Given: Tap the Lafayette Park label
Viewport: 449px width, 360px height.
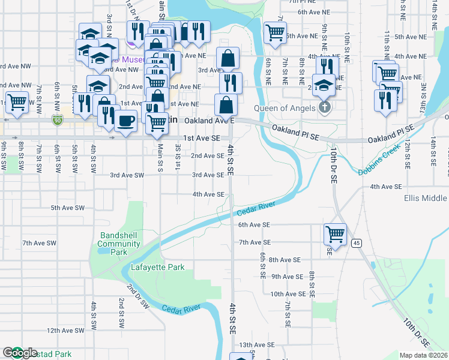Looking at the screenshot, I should coord(158,267).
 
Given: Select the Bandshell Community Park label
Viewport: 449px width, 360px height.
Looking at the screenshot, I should coord(119,239).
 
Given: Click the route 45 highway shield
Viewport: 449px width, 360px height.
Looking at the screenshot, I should coord(357,242).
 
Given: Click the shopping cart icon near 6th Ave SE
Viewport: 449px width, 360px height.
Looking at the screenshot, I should coord(334,233).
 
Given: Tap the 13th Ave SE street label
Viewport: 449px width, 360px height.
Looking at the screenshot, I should coord(257,346).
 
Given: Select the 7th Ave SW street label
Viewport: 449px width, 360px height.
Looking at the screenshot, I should coord(39,243).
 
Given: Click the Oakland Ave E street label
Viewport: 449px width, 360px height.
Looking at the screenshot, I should coord(208,121).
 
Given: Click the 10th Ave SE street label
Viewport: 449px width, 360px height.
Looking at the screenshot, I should coord(288,294).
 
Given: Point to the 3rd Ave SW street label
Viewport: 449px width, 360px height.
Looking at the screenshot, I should coord(127,175).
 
